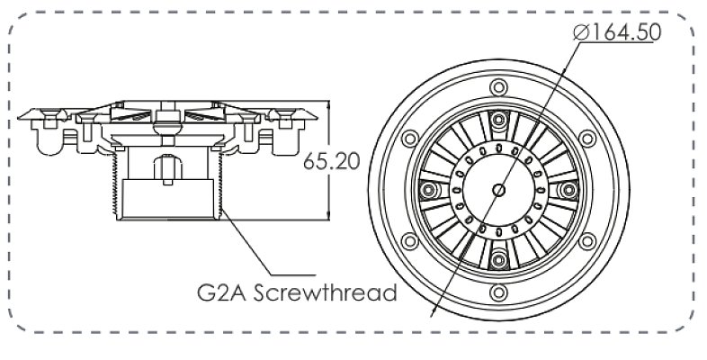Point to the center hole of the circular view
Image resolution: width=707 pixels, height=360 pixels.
tap(498, 190)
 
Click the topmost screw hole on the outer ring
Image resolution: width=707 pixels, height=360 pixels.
tap(498, 86)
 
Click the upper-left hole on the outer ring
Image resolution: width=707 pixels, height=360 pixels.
tap(409, 138)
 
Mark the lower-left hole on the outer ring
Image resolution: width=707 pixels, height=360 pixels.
tap(409, 241)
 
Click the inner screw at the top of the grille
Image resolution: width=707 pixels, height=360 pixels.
tap(498, 121)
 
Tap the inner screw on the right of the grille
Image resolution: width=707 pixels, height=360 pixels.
tap(567, 190)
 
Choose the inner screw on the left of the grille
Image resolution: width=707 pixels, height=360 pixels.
tap(430, 190)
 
